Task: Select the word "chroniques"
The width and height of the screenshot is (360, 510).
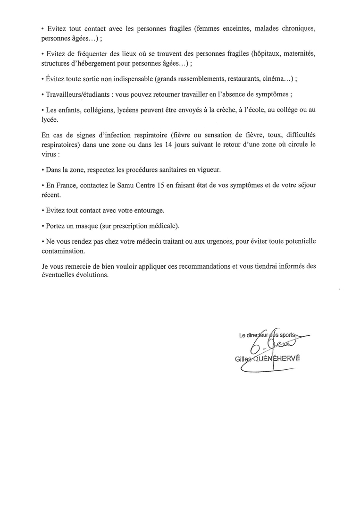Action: tap(297, 28)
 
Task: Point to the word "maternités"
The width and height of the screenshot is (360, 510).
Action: tap(297, 54)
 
